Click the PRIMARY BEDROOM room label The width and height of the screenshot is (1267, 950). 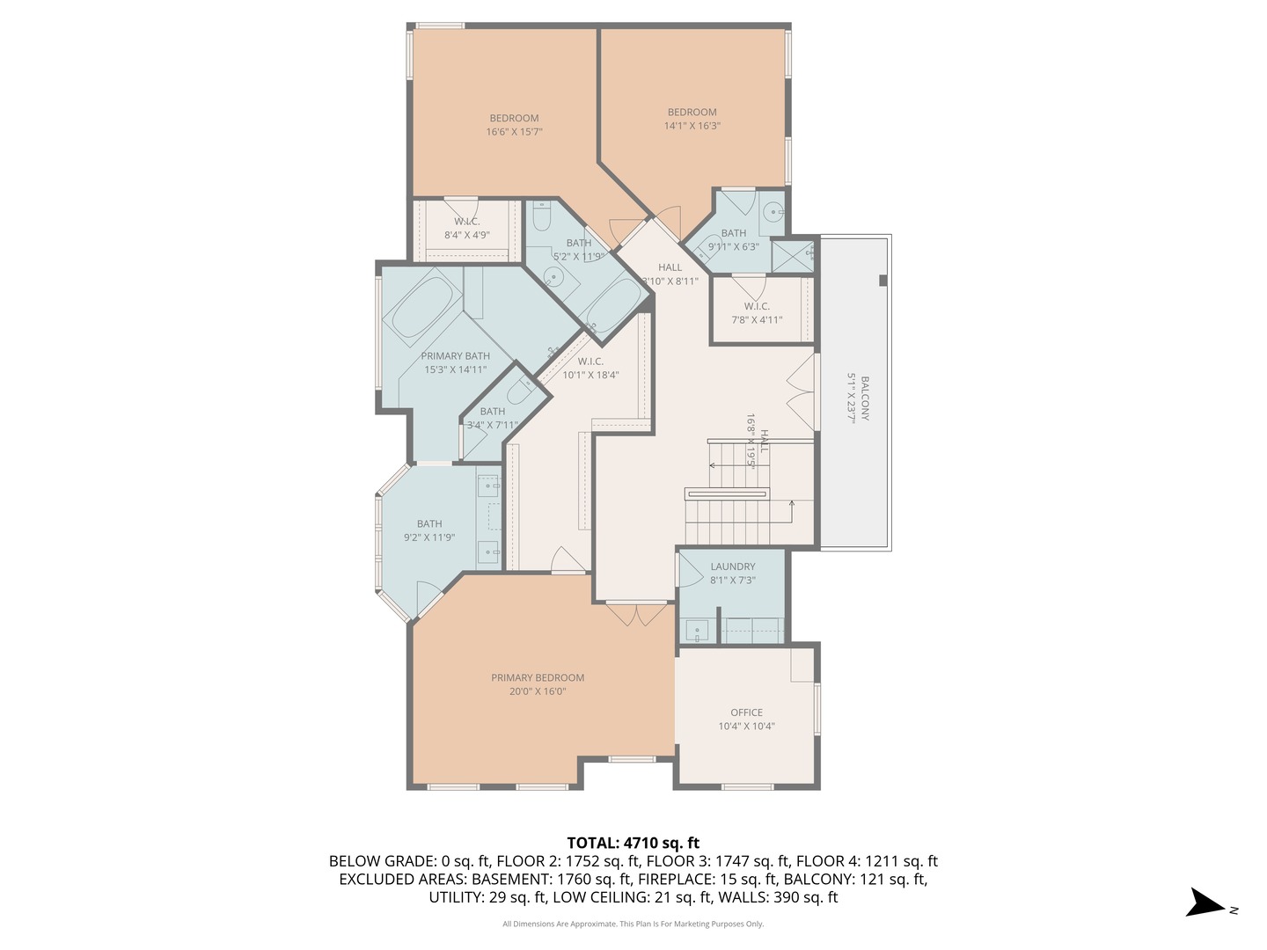[x=538, y=677]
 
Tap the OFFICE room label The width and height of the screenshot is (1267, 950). [x=746, y=712]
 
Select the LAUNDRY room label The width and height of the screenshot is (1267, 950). [x=733, y=566]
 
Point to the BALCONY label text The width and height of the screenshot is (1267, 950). [x=865, y=398]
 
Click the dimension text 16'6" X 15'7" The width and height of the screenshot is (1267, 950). [x=514, y=132]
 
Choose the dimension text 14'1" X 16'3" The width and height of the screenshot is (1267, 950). [x=692, y=126]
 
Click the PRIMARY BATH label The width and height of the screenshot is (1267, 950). [x=455, y=356]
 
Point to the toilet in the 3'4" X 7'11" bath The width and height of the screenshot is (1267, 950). [x=522, y=389]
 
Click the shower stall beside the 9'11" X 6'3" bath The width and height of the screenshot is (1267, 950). [x=793, y=255]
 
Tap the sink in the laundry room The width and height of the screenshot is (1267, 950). [x=696, y=631]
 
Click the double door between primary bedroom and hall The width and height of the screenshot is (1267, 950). [x=639, y=614]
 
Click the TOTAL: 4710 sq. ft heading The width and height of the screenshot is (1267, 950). [x=633, y=843]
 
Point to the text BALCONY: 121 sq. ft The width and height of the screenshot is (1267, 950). [x=855, y=879]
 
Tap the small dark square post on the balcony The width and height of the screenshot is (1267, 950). [x=883, y=281]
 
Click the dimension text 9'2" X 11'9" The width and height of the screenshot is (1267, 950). [x=429, y=537]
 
